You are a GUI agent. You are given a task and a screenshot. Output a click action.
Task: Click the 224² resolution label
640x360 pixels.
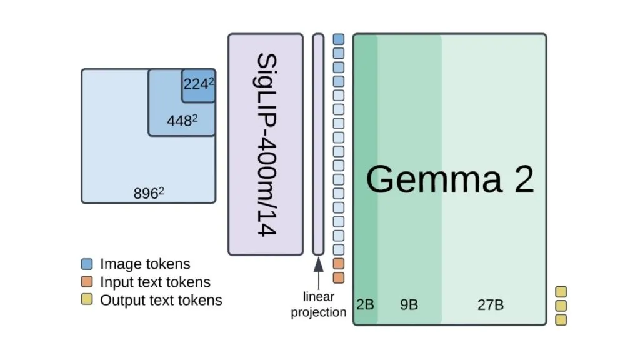(x=199, y=84)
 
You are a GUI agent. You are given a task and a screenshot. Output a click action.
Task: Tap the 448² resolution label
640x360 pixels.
(x=182, y=121)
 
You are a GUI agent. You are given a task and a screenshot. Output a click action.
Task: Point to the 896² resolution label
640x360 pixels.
(x=149, y=193)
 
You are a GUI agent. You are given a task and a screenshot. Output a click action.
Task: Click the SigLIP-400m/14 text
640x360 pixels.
(x=266, y=144)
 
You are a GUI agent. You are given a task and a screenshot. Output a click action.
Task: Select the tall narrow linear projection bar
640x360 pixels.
(x=318, y=144)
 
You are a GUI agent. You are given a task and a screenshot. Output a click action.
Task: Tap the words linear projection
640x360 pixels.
(x=318, y=304)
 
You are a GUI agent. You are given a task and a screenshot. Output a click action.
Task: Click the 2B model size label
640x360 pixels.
(x=365, y=304)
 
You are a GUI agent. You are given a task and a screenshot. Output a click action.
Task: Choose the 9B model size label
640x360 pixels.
(x=409, y=304)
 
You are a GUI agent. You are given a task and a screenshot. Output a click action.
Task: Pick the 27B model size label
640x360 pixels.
(x=491, y=304)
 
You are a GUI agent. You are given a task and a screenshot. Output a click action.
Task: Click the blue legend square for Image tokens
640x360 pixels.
(x=87, y=264)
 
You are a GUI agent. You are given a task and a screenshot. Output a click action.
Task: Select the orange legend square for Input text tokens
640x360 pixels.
(x=87, y=282)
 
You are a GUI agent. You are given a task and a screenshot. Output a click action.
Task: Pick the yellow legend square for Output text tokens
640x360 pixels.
(x=87, y=299)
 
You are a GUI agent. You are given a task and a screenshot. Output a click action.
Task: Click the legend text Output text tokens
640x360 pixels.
(x=161, y=300)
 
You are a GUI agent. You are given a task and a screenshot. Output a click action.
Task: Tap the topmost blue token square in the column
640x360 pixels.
(x=338, y=39)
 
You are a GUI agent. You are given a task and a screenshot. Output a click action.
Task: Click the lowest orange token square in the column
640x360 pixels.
(x=338, y=278)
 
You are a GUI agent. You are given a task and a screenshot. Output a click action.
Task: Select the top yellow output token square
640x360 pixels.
(x=561, y=292)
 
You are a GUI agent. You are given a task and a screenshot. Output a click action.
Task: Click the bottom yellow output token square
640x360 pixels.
(x=561, y=319)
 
